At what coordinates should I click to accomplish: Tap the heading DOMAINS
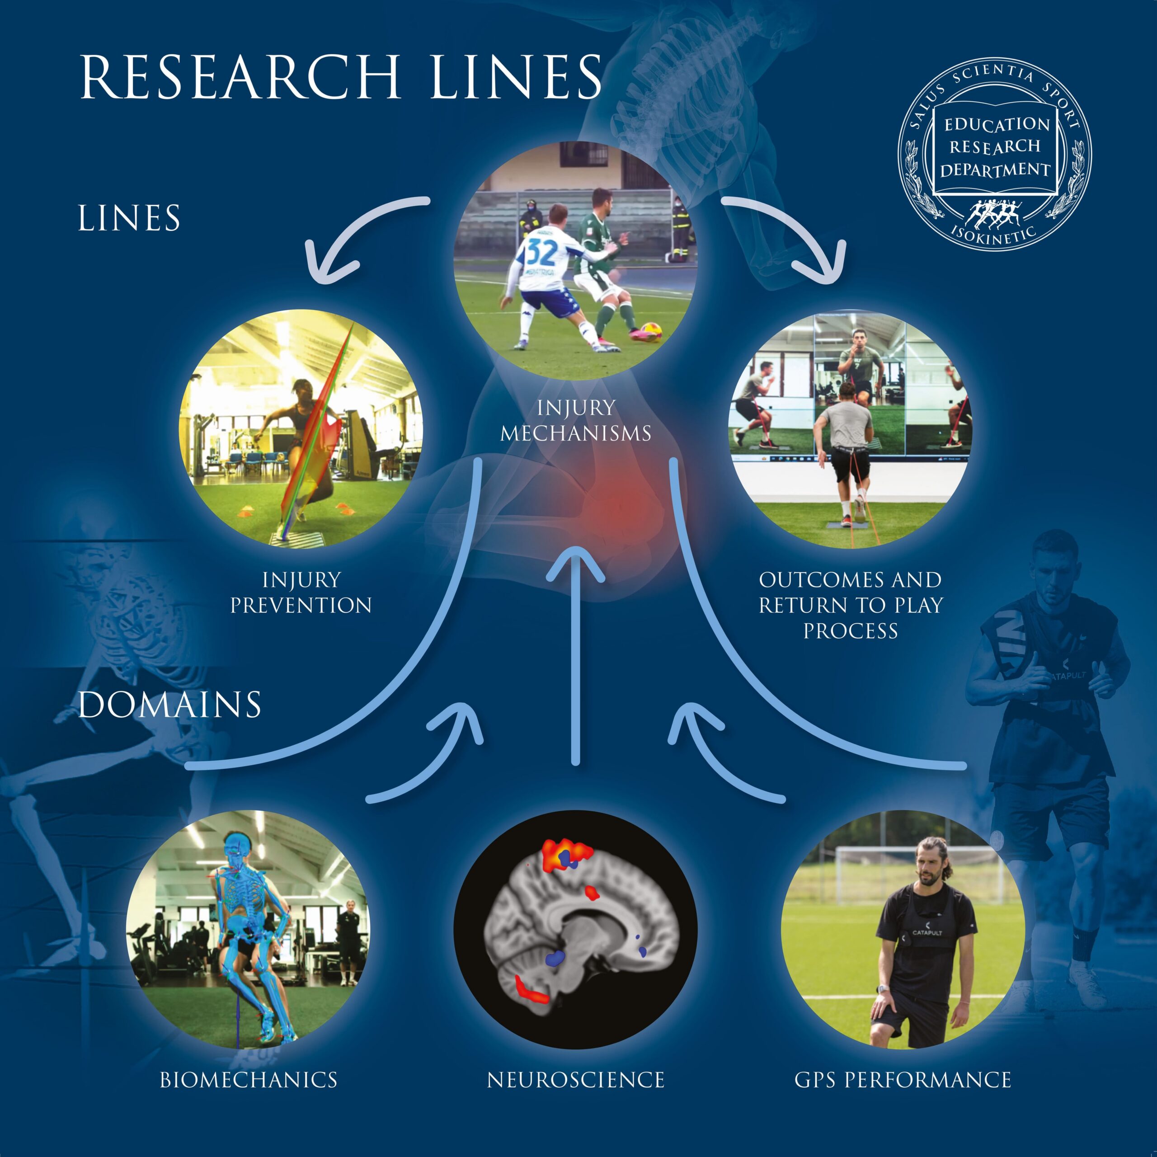pyautogui.click(x=169, y=705)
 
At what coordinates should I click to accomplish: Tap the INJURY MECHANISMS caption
pyautogui.click(x=575, y=420)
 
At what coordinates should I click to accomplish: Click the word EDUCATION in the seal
pyautogui.click(x=997, y=125)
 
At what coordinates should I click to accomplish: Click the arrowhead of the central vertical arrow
pyautogui.click(x=575, y=563)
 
